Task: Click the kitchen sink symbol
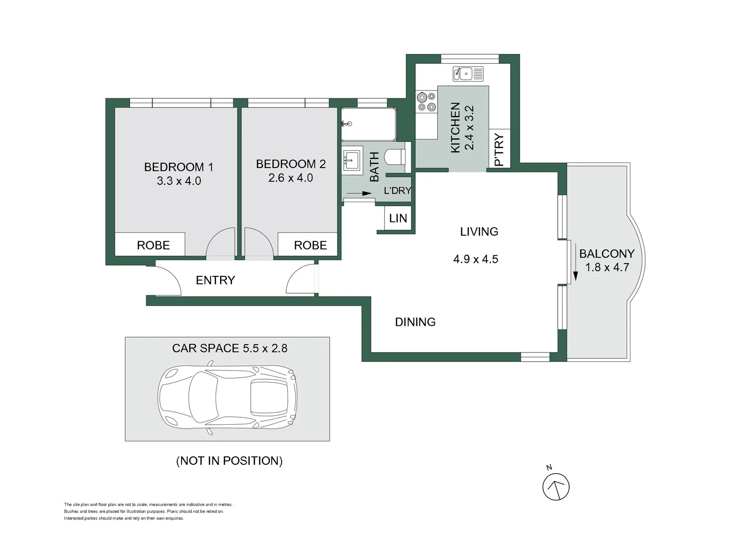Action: point(468,74)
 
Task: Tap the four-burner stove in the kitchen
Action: point(426,102)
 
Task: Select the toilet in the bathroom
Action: point(396,157)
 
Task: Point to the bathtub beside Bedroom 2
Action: point(368,125)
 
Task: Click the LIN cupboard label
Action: point(398,219)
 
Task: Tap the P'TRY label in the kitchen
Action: point(499,149)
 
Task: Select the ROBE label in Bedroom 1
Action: point(153,245)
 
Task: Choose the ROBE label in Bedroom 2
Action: point(311,245)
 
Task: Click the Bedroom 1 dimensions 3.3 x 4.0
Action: point(179,181)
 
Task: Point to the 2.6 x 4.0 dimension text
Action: point(291,178)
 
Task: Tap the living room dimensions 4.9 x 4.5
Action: point(476,259)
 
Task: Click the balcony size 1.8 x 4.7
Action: point(607,267)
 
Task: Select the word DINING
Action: point(415,322)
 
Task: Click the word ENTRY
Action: point(216,280)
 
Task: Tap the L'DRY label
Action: point(398,190)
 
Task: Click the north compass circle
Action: point(556,487)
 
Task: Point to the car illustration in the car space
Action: point(227,397)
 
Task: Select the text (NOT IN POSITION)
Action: point(229,460)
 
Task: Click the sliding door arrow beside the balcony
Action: point(576,262)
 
